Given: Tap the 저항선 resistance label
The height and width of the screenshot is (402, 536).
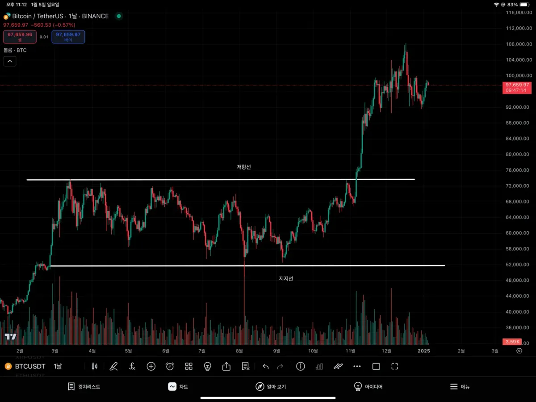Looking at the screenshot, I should pos(244,167).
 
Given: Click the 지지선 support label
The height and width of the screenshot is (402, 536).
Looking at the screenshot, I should pos(286,279).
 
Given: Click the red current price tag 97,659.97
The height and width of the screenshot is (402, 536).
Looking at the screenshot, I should pos(517,85).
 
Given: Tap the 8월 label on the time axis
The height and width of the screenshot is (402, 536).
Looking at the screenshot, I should pos(239,351).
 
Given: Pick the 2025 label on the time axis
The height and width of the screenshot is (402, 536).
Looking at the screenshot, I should pos(424,351).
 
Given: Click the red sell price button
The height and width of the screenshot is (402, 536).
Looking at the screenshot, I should pos(20,37).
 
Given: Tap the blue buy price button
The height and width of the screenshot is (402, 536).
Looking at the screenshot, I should pos(68,37).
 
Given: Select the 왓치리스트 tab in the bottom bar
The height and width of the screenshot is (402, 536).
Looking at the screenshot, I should pos(84,387).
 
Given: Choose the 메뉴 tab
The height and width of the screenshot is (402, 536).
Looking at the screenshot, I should pos(460,387).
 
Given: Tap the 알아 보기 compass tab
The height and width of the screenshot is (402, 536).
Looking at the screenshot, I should pos(271,387).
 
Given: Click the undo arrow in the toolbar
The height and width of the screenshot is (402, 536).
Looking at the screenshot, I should pos(266,367).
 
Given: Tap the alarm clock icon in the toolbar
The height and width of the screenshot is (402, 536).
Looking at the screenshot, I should pos(170,367).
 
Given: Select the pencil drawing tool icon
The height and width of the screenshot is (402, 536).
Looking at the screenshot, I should pos(113,367).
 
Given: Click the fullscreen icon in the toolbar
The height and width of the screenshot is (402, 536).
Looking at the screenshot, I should pos(394,367).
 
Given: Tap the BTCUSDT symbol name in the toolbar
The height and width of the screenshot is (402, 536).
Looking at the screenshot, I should pos(30,367).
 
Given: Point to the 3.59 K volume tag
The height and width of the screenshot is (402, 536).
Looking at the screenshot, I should pos(511,342).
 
